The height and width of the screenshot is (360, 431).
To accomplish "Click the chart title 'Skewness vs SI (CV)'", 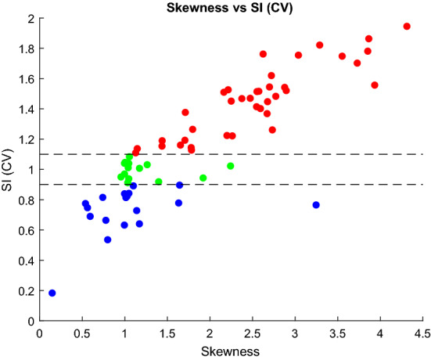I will tap(231, 7).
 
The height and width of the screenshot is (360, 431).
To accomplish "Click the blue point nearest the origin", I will tap(52, 293).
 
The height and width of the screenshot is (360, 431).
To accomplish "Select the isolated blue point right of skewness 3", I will tap(316, 205).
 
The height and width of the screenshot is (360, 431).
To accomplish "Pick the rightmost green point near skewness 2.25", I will tap(231, 166).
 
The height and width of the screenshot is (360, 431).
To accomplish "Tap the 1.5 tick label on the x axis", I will tap(167, 332).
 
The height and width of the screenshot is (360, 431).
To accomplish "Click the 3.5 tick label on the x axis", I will tap(337, 332).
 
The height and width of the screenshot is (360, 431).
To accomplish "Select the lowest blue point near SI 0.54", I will tap(108, 239).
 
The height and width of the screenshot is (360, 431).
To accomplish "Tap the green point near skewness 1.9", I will tap(203, 178).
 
